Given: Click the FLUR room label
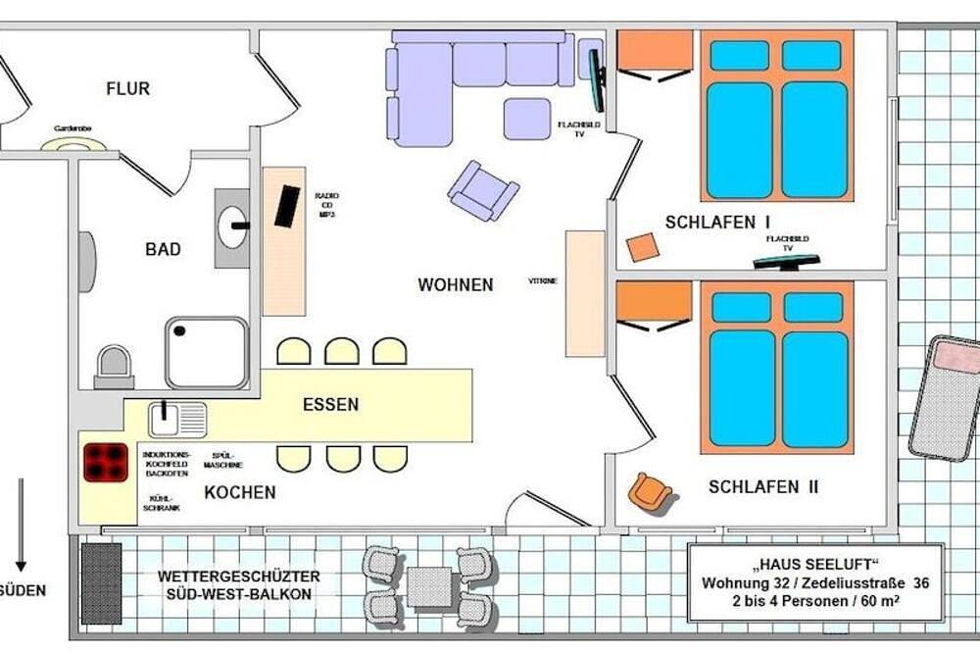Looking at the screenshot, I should click(128, 88).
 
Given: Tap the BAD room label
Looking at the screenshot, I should click(163, 249).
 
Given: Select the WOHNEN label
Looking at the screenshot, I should click(455, 284).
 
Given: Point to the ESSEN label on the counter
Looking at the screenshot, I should click(330, 403).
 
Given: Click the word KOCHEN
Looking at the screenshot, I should click(239, 492).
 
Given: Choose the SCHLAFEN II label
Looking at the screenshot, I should click(763, 486).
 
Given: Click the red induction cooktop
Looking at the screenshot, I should click(105, 462).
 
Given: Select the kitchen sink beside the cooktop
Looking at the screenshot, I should click(177, 419).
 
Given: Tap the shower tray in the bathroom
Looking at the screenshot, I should click(206, 352).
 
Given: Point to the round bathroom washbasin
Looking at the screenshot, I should click(232, 227).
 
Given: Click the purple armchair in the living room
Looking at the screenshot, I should click(482, 190).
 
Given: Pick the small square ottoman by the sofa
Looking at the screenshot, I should click(527, 119).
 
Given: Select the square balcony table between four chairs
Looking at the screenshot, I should click(428, 586).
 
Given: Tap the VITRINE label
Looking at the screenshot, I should click(542, 281).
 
